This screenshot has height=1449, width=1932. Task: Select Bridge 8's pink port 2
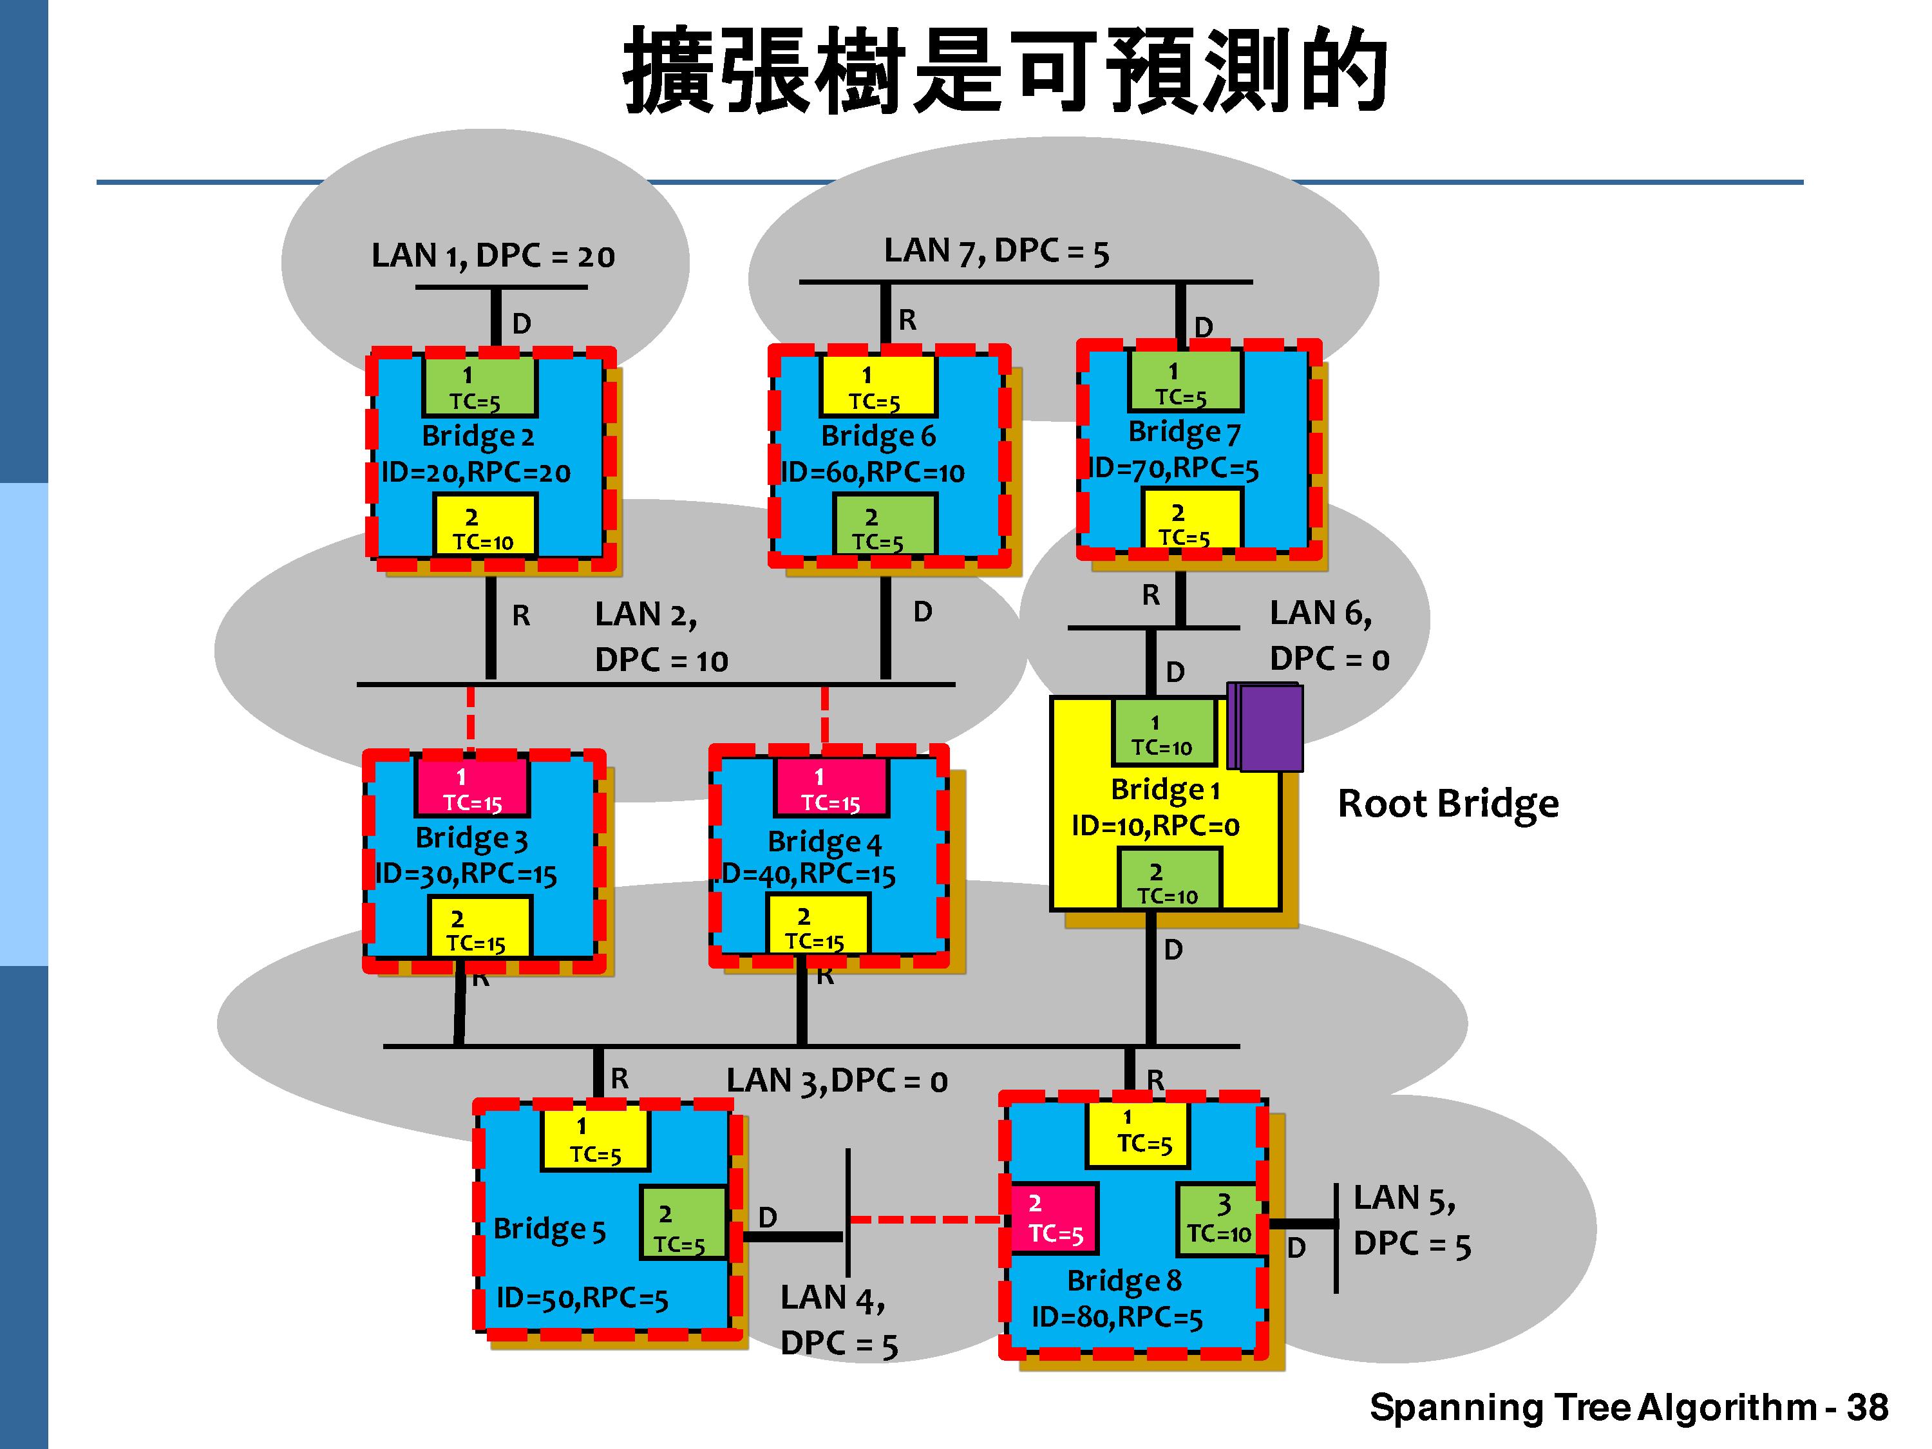1054,1218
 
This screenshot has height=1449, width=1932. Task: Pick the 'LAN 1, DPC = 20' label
493,256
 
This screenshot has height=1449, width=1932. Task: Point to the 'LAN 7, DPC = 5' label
996,252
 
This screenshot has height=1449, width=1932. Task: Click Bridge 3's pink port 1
471,788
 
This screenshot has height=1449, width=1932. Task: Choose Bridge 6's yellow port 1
877,387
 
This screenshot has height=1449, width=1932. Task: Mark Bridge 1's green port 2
1169,882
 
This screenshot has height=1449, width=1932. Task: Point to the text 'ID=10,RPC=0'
1155,826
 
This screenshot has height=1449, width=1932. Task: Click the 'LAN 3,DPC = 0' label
837,1081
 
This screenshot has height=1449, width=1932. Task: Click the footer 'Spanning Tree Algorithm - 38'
1628,1407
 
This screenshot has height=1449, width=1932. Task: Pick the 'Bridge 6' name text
878,435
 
